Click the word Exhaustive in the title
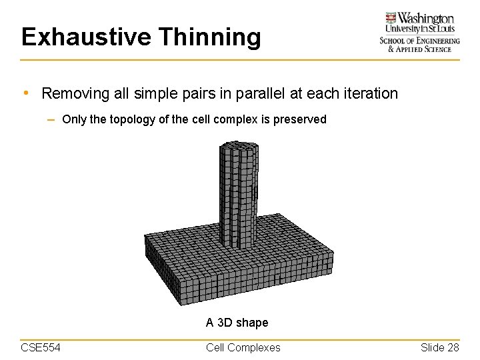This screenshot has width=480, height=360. [x=84, y=37]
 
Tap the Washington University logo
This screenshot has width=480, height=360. [x=419, y=32]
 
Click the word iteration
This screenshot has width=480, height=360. [x=369, y=93]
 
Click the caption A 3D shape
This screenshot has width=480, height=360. [x=237, y=323]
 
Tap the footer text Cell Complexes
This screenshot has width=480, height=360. [x=243, y=347]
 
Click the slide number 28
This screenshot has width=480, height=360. [x=453, y=347]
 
